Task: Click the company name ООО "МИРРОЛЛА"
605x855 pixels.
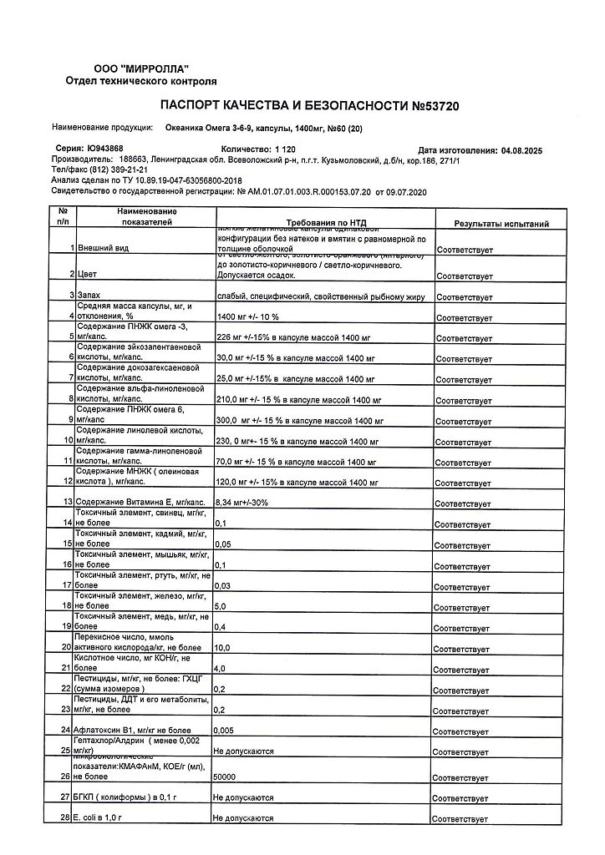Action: click(140, 68)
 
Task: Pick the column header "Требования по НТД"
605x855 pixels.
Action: click(321, 224)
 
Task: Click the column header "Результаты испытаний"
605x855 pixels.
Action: click(501, 224)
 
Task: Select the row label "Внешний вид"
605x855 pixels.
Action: click(104, 249)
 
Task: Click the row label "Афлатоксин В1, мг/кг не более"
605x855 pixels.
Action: click(132, 731)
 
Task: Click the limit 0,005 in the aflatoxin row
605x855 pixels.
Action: click(224, 731)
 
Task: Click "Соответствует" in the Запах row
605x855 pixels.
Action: click(464, 296)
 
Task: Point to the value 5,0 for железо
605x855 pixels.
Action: click(221, 605)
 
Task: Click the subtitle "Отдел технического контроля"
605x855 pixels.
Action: click(140, 81)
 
